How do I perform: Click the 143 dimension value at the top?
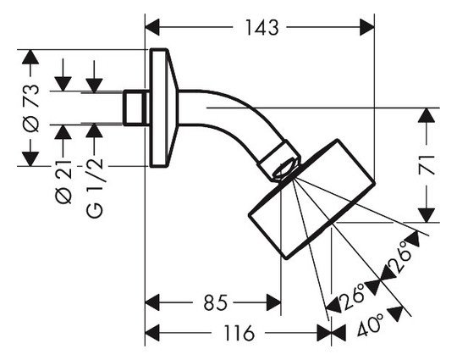tap(262, 28)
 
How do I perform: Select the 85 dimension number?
tap(216, 302)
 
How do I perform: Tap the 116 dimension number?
tap(239, 333)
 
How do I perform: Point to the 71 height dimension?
tap(427, 165)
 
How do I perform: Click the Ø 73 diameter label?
tap(30, 108)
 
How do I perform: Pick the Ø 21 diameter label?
tap(63, 182)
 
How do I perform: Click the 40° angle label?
tap(371, 324)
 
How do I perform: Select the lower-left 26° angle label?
tap(353, 296)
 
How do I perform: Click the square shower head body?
tap(311, 199)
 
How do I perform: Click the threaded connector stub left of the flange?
tap(135, 108)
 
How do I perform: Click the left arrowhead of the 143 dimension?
tap(152, 27)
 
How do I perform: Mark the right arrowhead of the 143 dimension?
tap(367, 27)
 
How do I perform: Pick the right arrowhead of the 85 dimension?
tap(273, 302)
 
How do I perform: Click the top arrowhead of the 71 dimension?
tap(427, 115)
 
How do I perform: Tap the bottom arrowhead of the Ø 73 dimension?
tap(30, 159)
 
